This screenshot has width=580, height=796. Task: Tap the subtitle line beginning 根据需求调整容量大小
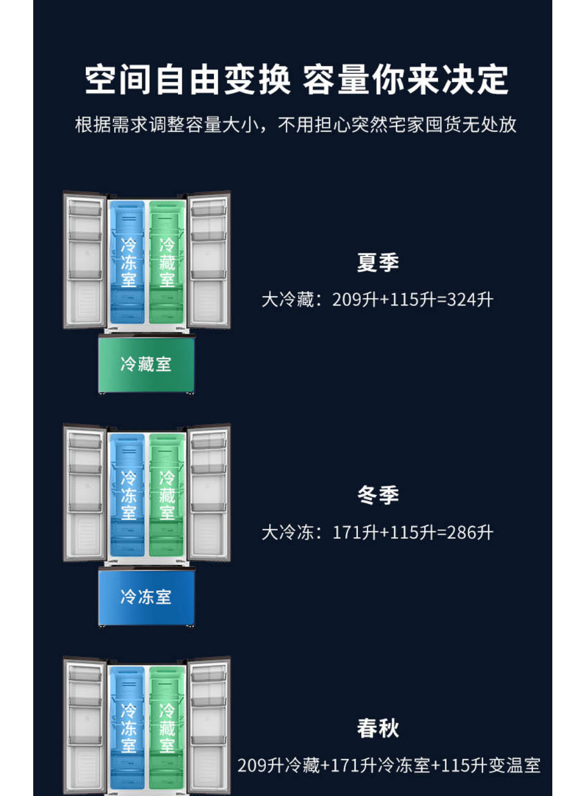tap(296, 125)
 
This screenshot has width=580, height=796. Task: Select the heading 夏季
tap(378, 262)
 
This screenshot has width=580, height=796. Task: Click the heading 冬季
tap(378, 495)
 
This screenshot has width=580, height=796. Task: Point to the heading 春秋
tap(378, 728)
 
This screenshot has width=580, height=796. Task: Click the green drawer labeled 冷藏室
tap(146, 364)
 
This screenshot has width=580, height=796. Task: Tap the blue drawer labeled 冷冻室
tap(146, 597)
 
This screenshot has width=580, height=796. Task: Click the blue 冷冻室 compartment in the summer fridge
tap(127, 262)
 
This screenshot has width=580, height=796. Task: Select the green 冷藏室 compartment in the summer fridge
tap(167, 262)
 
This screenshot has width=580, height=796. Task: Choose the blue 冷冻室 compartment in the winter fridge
tap(127, 495)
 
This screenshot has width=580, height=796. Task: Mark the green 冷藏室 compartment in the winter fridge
tap(167, 495)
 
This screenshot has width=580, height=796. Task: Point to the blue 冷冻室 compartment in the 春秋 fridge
tap(127, 728)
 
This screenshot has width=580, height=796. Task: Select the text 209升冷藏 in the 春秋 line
tap(279, 766)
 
